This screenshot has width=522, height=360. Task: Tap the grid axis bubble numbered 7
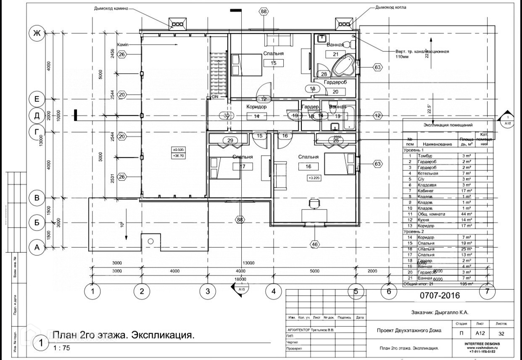point(487,291)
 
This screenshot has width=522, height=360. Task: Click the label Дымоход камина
point(111,8)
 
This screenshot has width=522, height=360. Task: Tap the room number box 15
point(274,63)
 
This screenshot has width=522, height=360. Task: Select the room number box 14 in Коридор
point(256,116)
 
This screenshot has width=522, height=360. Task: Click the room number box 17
point(243,166)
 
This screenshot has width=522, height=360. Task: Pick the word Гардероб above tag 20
point(335,82)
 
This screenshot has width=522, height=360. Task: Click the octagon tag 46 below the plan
point(314,244)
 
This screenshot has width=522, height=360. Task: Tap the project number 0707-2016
point(440,296)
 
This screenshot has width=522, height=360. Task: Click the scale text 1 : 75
point(62,348)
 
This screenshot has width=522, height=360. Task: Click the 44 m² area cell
point(466,214)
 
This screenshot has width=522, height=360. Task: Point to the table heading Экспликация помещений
point(448,125)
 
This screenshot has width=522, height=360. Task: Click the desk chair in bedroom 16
point(314,204)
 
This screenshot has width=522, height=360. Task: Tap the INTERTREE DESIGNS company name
point(482,344)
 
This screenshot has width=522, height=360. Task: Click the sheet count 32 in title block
point(501,334)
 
